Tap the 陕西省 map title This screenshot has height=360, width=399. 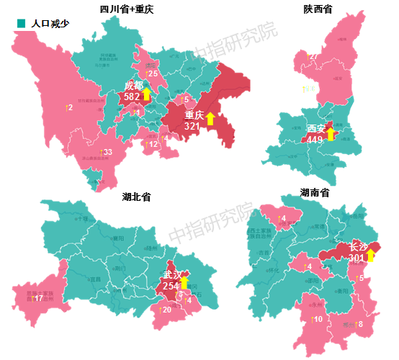(323, 9)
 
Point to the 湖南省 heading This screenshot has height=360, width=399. (315, 193)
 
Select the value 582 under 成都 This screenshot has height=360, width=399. (132, 96)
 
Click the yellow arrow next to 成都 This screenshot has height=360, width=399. (147, 94)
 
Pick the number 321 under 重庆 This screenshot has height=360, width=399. (192, 125)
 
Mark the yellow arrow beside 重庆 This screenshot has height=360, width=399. (210, 118)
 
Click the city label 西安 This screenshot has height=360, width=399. (315, 128)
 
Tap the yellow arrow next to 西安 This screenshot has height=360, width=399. (331, 133)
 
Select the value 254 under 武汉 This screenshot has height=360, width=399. (171, 286)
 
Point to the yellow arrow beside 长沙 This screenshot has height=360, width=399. (371, 254)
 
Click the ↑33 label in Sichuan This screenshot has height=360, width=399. (106, 153)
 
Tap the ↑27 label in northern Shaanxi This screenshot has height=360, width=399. (313, 56)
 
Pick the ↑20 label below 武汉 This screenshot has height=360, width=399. (165, 310)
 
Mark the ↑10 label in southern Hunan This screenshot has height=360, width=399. (317, 319)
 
